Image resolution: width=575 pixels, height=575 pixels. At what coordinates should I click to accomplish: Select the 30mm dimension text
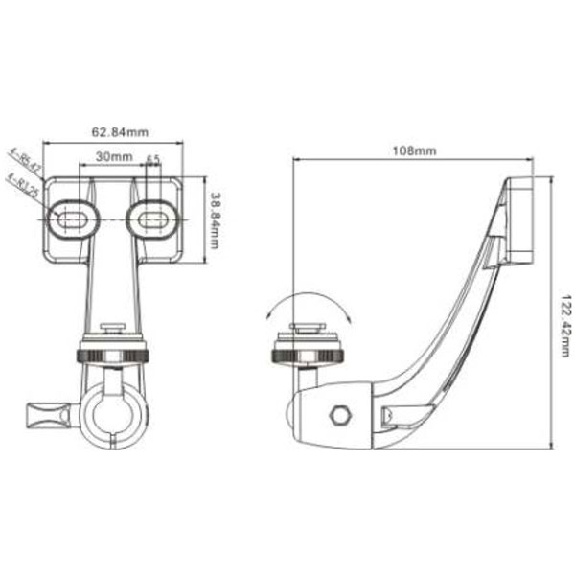click(x=113, y=156)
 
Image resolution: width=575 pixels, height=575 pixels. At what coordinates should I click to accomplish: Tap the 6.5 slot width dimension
click(x=153, y=159)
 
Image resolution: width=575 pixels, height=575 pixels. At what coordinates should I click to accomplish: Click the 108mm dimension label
click(x=414, y=151)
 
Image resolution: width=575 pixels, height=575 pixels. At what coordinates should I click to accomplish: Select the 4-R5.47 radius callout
click(x=24, y=159)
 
